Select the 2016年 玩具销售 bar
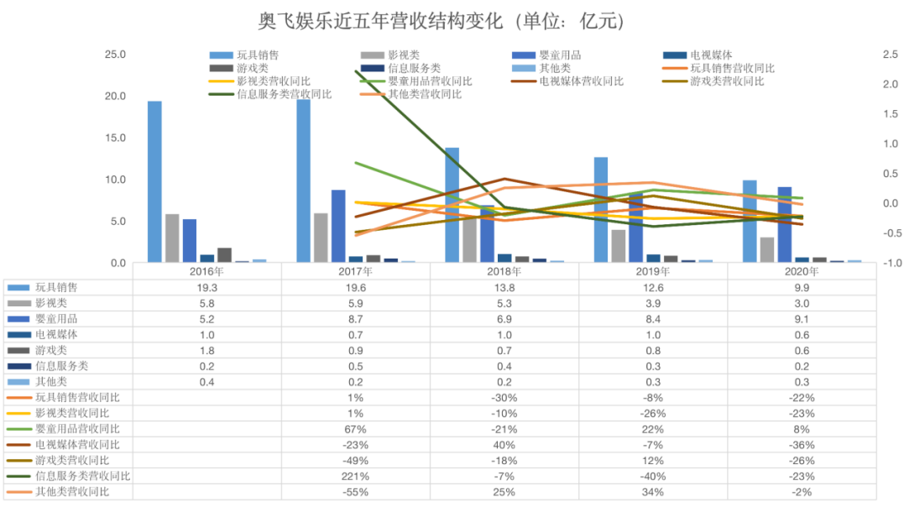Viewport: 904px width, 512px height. pos(154,181)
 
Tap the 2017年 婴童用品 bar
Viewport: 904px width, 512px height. pos(338,226)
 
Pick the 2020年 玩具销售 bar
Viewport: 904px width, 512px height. pos(749,221)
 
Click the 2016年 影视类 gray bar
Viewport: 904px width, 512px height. pos(172,238)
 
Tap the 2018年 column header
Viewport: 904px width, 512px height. pos(504,272)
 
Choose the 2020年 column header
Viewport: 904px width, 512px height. pos(801,272)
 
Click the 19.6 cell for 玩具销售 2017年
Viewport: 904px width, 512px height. pos(355,287)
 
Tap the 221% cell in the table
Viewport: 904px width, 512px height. pos(355,476)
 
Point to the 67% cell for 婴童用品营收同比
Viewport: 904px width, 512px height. pos(355,429)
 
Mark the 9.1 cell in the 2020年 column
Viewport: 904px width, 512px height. pos(801,319)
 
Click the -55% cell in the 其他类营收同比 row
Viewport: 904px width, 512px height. pos(355,492)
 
